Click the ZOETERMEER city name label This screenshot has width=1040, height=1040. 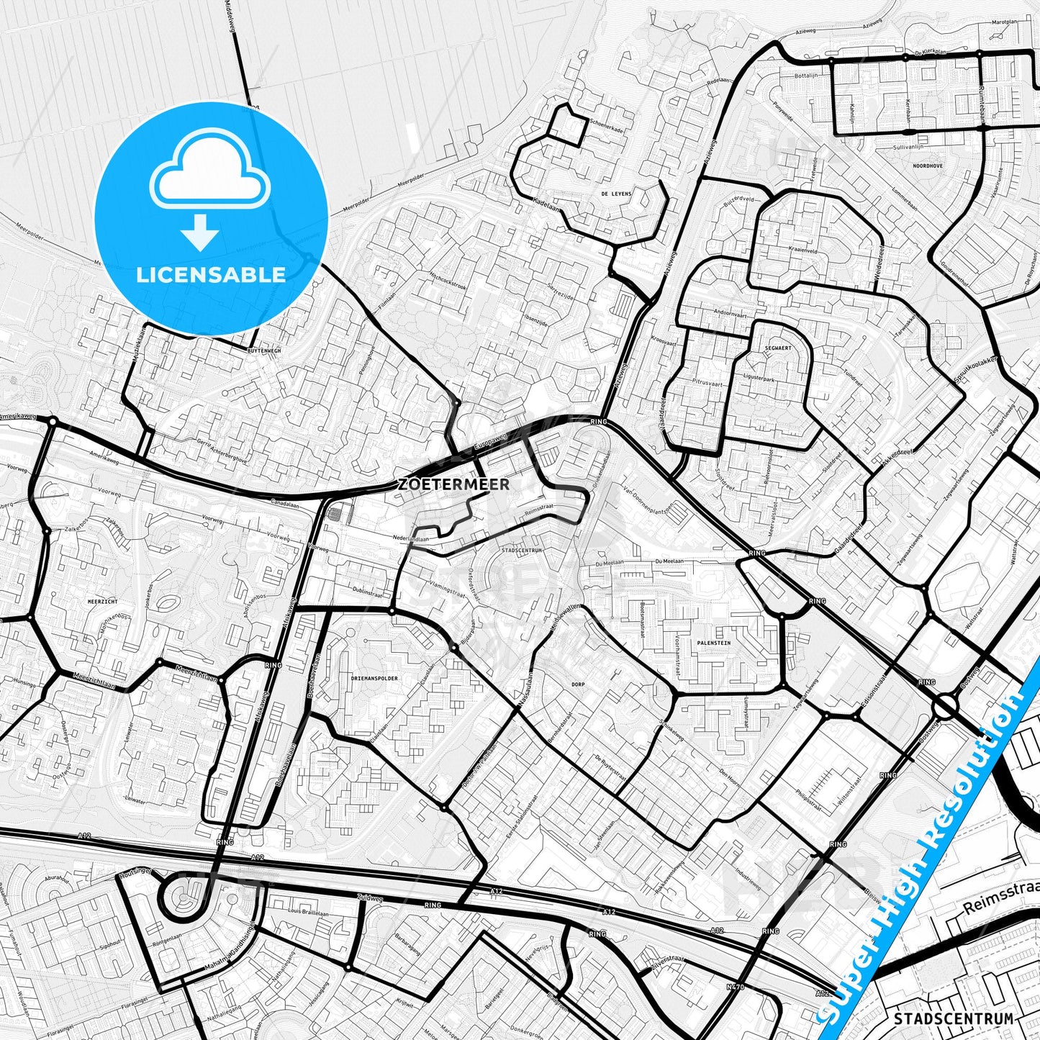point(453,484)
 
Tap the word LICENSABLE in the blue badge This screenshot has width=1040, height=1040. point(211,274)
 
